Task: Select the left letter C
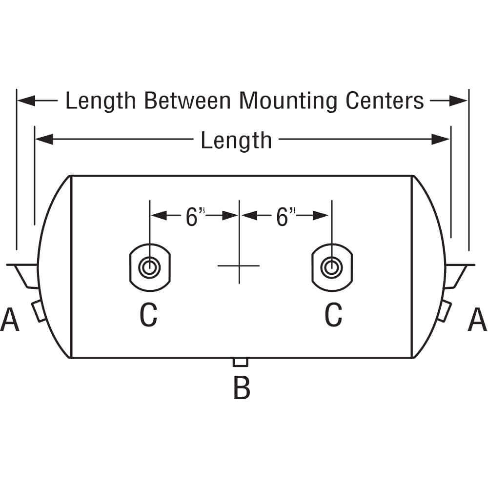pyautogui.click(x=149, y=315)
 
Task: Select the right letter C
pyautogui.click(x=333, y=315)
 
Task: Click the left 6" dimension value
pyautogui.click(x=194, y=217)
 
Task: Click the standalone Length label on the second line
pyautogui.click(x=236, y=141)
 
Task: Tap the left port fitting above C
pyautogui.click(x=149, y=267)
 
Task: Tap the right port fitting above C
pyautogui.click(x=332, y=267)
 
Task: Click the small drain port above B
pyautogui.click(x=241, y=362)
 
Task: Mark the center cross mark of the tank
pyautogui.click(x=239, y=265)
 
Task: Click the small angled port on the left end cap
pyautogui.click(x=38, y=311)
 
